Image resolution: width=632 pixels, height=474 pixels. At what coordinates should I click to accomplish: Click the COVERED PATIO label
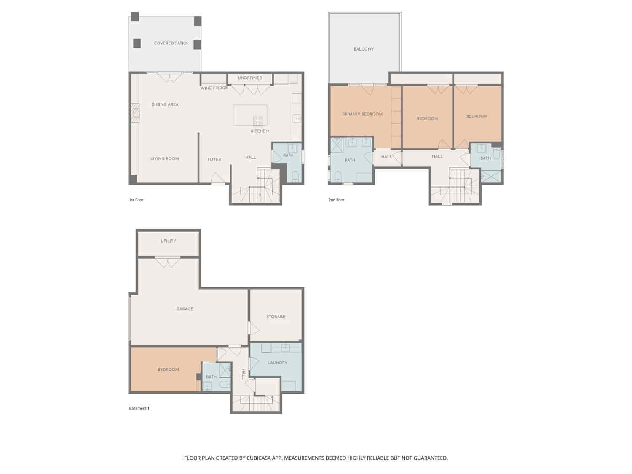click(x=170, y=43)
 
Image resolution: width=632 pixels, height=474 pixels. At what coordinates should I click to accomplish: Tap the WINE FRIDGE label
click(x=214, y=88)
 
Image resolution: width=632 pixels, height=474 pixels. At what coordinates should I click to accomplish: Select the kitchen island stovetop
click(x=258, y=120)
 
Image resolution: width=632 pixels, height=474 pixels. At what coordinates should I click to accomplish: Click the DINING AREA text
click(x=165, y=104)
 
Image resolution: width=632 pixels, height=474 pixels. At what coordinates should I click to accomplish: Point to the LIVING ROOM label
click(x=165, y=159)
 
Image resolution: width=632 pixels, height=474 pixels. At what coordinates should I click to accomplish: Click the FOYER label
click(x=214, y=160)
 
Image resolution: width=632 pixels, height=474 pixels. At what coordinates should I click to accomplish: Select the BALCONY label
click(x=364, y=49)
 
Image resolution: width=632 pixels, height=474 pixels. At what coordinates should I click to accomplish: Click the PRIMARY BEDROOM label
click(x=362, y=114)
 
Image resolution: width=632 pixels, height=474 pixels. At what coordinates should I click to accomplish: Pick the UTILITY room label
click(x=168, y=241)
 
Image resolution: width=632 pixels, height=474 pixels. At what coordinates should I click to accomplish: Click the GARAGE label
click(x=185, y=309)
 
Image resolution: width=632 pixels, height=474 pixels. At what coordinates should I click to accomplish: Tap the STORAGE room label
click(x=276, y=316)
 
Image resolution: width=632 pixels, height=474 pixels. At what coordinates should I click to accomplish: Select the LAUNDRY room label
click(x=277, y=362)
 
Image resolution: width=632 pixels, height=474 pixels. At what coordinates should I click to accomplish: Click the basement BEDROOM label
click(x=168, y=370)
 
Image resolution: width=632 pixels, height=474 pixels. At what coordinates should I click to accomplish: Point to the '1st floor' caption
click(x=136, y=200)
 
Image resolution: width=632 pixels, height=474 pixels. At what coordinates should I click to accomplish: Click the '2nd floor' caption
click(x=336, y=200)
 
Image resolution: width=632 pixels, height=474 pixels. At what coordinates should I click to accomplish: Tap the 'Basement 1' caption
click(x=139, y=408)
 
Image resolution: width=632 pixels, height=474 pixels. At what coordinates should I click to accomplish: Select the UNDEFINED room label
click(x=250, y=78)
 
